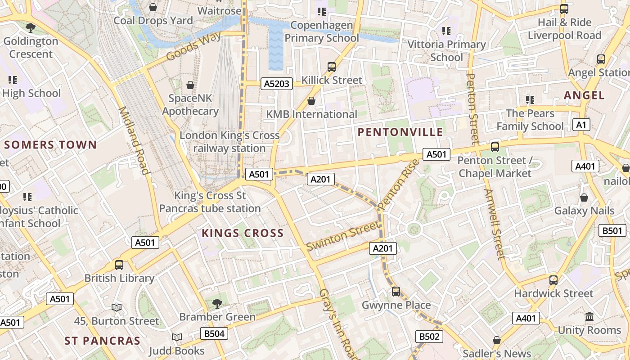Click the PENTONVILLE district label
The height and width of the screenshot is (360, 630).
(x=400, y=132)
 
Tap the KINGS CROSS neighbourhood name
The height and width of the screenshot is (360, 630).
(x=243, y=233)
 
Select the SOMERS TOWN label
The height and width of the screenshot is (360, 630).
(x=50, y=145)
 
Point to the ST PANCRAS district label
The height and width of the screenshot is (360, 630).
(x=102, y=341)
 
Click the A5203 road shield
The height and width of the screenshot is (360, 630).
(x=277, y=84)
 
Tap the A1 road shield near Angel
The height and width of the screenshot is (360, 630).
(x=581, y=125)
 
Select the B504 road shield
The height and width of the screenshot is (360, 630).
(x=214, y=333)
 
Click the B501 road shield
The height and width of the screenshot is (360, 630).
(x=612, y=231)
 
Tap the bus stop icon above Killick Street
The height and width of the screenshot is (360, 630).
(x=332, y=67)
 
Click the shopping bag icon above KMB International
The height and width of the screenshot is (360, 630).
(x=311, y=101)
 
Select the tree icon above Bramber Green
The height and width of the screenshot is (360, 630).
(x=217, y=303)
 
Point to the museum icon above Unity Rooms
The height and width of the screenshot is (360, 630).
(x=589, y=317)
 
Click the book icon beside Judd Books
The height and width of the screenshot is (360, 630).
(x=177, y=337)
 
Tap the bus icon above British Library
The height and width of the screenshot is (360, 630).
(x=119, y=265)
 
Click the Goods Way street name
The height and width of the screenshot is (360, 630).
(x=193, y=46)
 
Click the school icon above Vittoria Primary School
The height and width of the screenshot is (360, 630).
(x=446, y=31)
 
